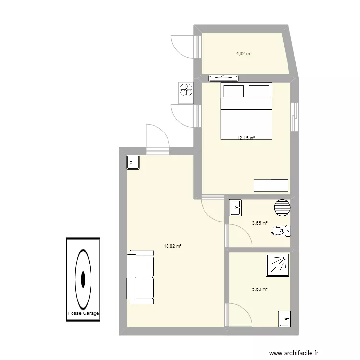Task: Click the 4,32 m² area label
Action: click(243, 54)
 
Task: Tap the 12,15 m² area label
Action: click(246, 138)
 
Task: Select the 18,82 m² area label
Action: click(172, 246)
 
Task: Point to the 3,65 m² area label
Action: click(260, 223)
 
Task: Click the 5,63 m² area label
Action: click(260, 289)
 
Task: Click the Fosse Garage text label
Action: click(84, 314)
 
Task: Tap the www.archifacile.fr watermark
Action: click(318, 351)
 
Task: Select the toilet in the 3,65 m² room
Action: click(281, 231)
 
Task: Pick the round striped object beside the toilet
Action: click(282, 208)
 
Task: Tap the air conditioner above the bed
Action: click(223, 77)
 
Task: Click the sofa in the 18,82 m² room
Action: click(140, 278)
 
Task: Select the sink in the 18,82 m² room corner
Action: click(133, 162)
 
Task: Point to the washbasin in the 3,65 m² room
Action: click(236, 208)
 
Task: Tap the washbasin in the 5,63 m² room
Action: click(285, 318)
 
